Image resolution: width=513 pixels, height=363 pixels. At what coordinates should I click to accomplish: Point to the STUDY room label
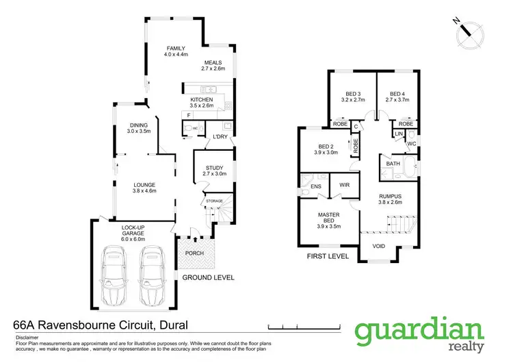click(x=214, y=168)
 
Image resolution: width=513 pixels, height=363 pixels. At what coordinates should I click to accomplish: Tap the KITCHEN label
click(x=202, y=100)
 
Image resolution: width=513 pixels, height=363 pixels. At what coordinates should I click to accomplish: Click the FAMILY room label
click(x=176, y=49)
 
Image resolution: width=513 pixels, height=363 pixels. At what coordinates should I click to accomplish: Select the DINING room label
click(x=138, y=125)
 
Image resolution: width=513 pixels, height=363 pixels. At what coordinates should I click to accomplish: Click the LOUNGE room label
click(x=145, y=184)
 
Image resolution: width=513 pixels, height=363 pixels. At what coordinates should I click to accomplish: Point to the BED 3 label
click(x=352, y=94)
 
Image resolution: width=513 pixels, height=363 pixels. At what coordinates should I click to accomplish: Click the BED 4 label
click(x=398, y=94)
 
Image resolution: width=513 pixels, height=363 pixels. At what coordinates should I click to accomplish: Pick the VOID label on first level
click(x=378, y=246)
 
